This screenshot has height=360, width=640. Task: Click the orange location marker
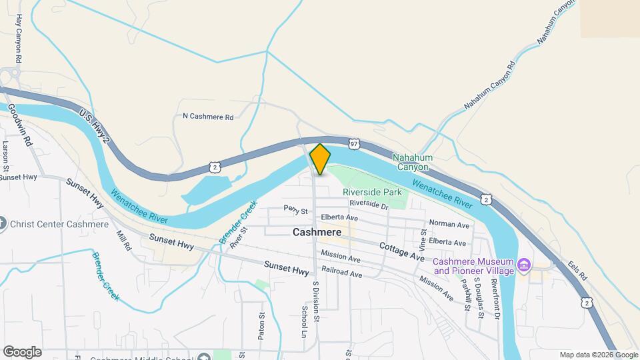320,159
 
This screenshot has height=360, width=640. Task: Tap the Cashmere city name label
317,233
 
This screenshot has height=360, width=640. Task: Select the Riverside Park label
373,191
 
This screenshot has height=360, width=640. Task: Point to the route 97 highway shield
354,143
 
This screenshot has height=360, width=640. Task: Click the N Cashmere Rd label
208,117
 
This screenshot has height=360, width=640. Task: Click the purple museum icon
524,266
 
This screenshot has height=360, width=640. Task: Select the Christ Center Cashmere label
59,224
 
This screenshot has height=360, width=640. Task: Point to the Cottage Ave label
402,252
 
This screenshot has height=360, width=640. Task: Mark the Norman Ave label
449,225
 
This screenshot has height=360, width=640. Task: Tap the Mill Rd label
123,241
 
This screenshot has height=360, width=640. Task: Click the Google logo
22,352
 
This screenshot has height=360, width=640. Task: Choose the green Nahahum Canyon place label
413,162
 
